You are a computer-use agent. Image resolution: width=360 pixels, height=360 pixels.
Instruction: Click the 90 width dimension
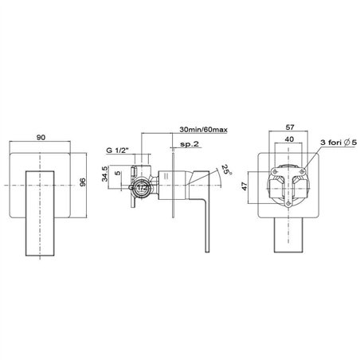pos(41,137)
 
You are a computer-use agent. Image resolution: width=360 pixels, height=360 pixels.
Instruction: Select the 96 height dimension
pos(83,182)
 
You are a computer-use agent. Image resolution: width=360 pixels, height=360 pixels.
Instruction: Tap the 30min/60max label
pos(203,130)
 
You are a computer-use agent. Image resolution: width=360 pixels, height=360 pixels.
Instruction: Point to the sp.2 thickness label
pos(190,144)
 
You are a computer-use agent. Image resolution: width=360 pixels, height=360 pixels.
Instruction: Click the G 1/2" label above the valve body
pos(117,151)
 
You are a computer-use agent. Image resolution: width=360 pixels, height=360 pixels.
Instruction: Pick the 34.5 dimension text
pos(104,174)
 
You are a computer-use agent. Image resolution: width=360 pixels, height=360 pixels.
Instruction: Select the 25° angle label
pos(226,169)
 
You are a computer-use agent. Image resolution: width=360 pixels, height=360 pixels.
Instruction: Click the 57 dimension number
pos(290,127)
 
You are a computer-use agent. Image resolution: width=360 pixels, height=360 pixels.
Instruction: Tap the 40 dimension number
pos(289,139)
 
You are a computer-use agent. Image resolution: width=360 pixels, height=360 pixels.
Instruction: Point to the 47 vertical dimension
pos(245,186)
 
